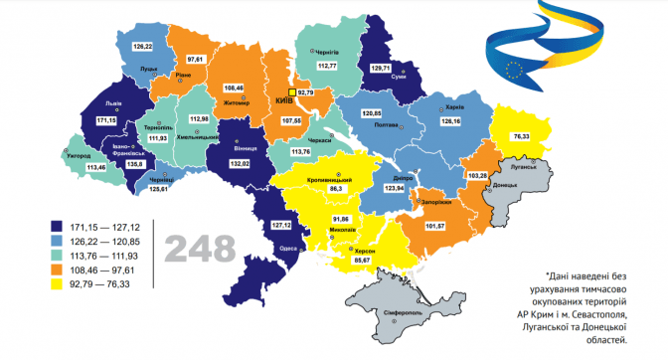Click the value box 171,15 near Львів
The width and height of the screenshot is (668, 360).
click(106, 120)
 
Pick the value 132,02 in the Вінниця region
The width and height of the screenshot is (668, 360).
click(245, 161)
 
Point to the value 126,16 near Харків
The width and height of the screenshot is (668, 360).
click(450, 120)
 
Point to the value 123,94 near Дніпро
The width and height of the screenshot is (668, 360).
click(396, 187)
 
